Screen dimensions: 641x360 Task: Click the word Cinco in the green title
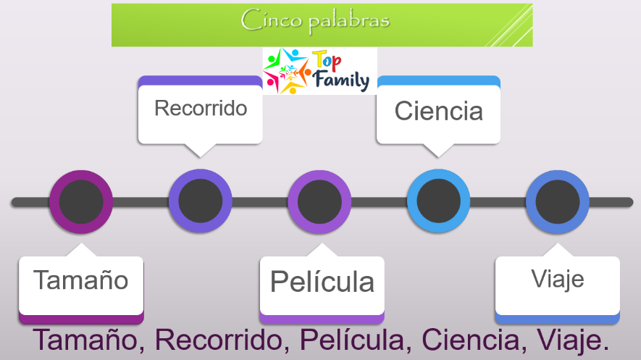click(x=272, y=20)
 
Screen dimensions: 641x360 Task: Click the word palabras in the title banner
click(x=349, y=22)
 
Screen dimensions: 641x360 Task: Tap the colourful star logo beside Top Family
click(x=286, y=71)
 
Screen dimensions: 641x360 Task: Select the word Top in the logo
click(x=327, y=62)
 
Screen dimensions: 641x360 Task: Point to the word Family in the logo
click(x=341, y=80)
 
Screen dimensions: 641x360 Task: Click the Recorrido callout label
click(x=201, y=108)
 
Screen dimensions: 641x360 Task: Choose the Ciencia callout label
click(x=439, y=111)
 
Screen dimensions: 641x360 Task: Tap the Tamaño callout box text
click(x=81, y=280)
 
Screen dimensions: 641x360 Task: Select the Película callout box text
click(x=322, y=281)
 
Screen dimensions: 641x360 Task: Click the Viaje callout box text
click(x=558, y=280)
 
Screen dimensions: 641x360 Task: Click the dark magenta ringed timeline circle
click(x=81, y=202)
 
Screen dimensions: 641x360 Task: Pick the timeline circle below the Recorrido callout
click(x=201, y=201)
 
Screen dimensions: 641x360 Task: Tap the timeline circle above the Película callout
click(x=319, y=202)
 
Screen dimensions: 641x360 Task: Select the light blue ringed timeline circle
click(x=438, y=201)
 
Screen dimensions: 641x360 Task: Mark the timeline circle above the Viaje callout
click(x=558, y=202)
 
